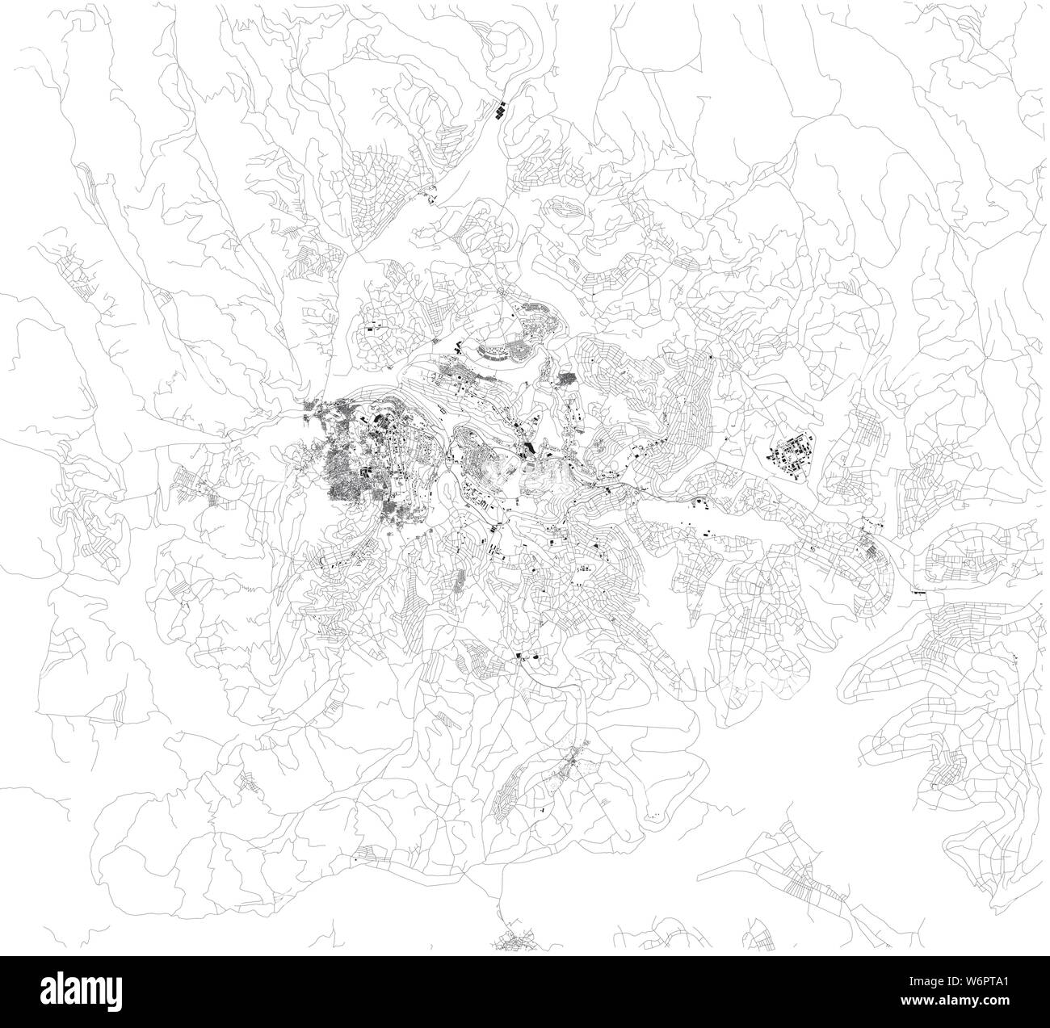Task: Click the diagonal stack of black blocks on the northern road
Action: (501, 110)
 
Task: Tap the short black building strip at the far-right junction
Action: (918, 592)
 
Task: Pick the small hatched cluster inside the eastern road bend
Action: (871, 549)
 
